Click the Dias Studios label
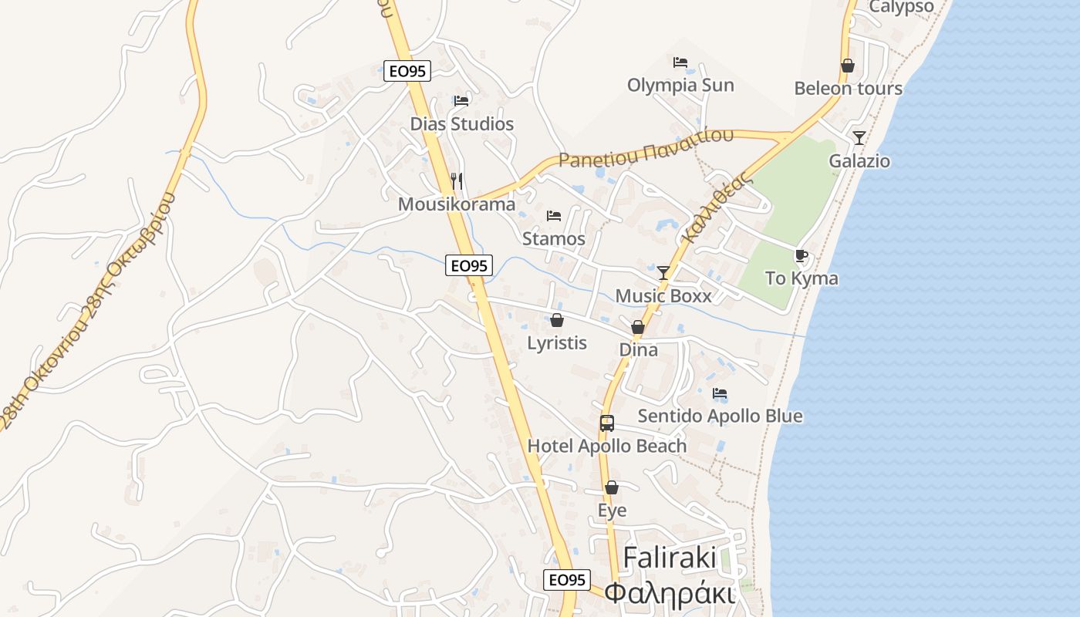[461, 124]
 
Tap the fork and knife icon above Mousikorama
[457, 181]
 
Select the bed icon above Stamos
[553, 216]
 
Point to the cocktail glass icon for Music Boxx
[663, 272]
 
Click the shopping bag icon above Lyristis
[557, 320]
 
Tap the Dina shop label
[639, 350]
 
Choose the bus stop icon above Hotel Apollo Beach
[607, 423]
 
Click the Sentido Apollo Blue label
[720, 416]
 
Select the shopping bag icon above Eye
[612, 487]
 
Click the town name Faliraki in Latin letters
[670, 557]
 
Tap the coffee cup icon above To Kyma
[802, 255]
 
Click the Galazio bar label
[859, 161]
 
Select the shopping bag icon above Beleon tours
[848, 66]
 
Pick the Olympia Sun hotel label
[680, 85]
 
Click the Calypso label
[901, 7]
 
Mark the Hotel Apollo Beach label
[606, 446]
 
